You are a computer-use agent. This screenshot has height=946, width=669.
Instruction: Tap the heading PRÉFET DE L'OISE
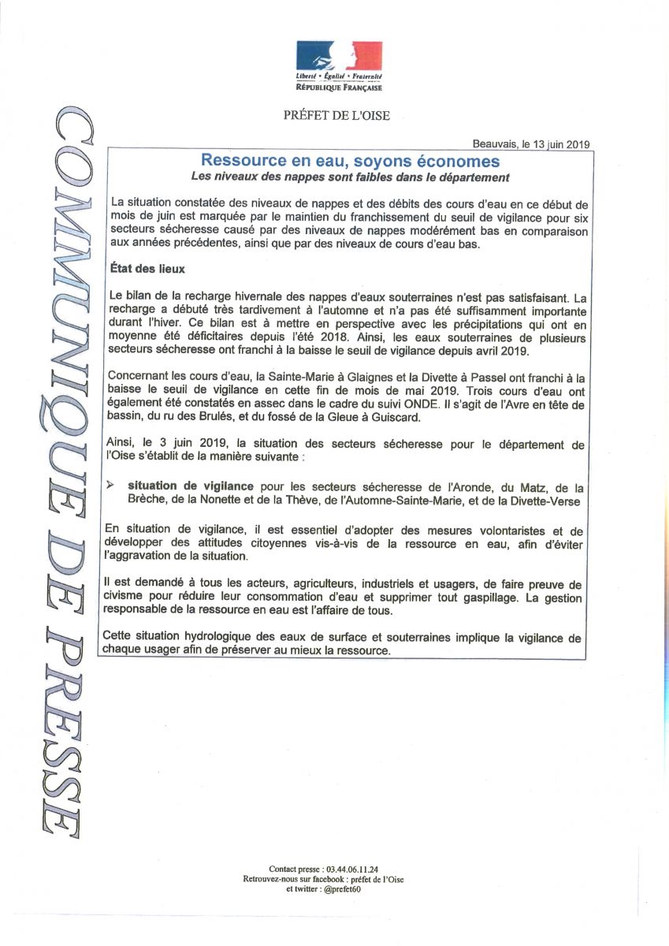[x=336, y=116]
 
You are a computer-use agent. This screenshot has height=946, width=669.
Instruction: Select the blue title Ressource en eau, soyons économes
[x=349, y=161]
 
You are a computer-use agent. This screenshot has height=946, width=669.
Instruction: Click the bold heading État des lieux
[x=147, y=269]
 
